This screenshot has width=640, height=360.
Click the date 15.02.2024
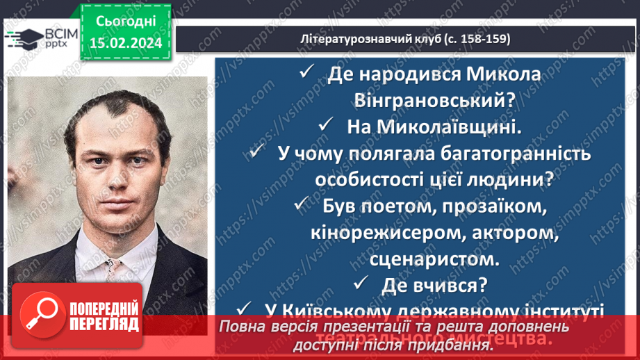[x=126, y=44]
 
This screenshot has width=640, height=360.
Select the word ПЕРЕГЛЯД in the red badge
[x=104, y=324]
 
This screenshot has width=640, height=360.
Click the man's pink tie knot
[x=113, y=266]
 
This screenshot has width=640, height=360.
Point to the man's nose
[x=112, y=188]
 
